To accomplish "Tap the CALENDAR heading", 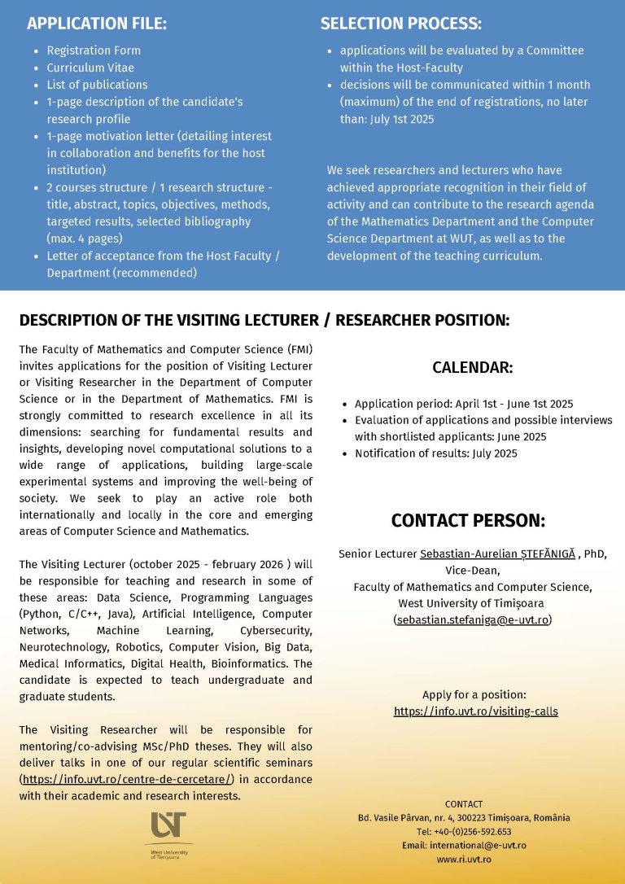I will (x=472, y=368).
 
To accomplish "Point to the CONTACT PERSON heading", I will (x=468, y=521).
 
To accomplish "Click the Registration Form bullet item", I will (x=94, y=50).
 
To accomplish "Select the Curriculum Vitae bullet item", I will (x=90, y=68).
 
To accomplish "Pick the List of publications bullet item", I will (x=97, y=85).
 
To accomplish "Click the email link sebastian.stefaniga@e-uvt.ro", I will (x=472, y=620).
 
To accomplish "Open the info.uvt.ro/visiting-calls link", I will (x=476, y=711).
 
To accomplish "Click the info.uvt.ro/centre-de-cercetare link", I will (x=127, y=780).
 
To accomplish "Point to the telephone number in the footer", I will (x=464, y=832).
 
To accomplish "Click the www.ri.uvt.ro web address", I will (x=464, y=859).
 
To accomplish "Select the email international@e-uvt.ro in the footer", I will (x=464, y=845).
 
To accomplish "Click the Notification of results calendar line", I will (x=435, y=453).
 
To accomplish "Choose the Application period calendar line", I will (x=464, y=404).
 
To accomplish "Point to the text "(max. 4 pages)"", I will (x=85, y=239).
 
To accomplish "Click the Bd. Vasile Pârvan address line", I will (x=464, y=818).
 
